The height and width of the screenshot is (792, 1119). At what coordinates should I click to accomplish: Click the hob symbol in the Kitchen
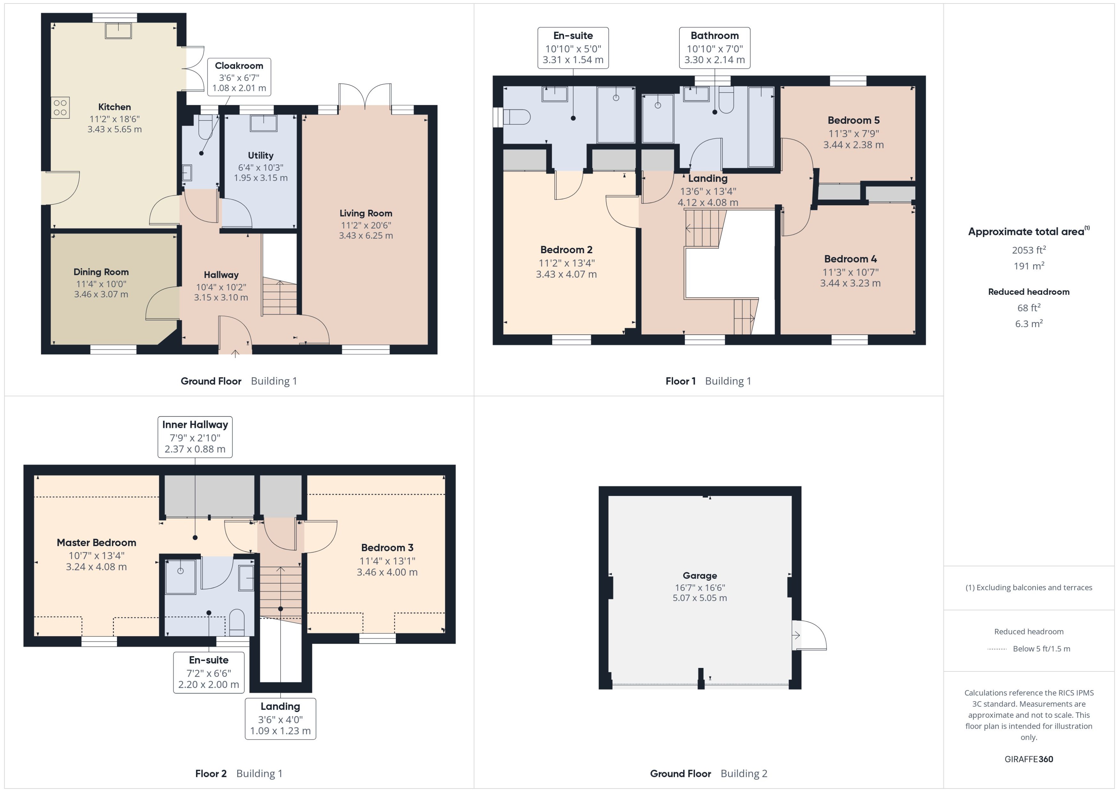(60, 108)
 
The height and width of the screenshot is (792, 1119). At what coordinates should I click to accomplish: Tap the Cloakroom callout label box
(239, 77)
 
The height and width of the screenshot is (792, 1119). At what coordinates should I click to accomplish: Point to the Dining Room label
(101, 272)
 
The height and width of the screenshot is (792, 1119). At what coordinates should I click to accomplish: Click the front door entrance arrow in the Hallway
(235, 353)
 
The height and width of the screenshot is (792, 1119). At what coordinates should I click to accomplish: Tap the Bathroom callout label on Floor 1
(714, 48)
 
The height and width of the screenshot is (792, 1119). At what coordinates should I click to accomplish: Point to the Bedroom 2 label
(566, 250)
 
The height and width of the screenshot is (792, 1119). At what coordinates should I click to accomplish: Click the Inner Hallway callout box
(195, 436)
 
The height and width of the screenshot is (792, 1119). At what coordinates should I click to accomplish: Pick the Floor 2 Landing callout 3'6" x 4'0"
(280, 719)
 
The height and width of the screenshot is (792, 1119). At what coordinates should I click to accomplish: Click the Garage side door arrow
(796, 635)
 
